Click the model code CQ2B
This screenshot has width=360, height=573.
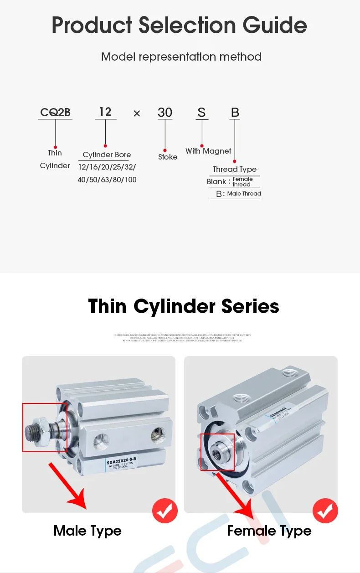[x=55, y=112]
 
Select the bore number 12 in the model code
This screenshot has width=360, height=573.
[x=105, y=112]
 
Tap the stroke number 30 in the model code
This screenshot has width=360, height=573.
[x=165, y=113]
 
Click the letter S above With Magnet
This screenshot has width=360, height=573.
[x=202, y=113]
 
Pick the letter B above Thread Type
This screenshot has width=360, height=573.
[x=235, y=113]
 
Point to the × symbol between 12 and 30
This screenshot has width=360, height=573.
[x=137, y=114]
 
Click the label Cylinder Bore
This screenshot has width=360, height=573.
[x=107, y=155]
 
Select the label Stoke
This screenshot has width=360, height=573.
[x=168, y=157]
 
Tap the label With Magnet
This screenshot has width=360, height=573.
[x=208, y=151]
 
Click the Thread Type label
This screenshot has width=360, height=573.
[x=235, y=169]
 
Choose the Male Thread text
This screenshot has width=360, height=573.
[x=244, y=194]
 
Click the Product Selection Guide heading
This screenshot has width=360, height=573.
[x=180, y=25]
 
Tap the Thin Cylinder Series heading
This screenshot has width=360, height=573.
[x=184, y=306]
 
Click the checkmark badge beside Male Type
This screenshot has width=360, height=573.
[x=165, y=511]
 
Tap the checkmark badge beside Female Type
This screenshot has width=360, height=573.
[x=325, y=511]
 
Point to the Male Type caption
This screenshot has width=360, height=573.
[x=87, y=531]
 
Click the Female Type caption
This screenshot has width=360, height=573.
[x=269, y=531]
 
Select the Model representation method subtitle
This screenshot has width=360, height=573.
[x=181, y=57]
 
